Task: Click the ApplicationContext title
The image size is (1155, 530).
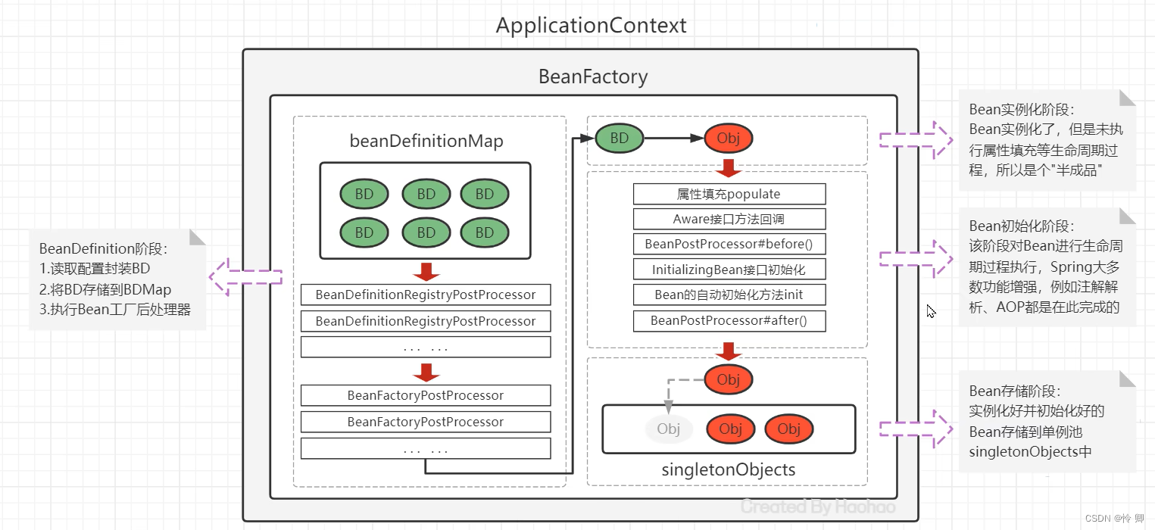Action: (591, 25)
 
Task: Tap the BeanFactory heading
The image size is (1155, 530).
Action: (593, 76)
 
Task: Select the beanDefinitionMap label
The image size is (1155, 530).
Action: (426, 141)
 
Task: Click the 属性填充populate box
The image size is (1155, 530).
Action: (729, 194)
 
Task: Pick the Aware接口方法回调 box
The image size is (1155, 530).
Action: (729, 219)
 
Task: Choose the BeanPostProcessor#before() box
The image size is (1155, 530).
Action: (729, 244)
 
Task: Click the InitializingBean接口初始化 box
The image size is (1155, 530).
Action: (729, 269)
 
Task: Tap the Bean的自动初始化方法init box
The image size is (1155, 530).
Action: (729, 295)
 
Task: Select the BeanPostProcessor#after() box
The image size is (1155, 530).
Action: (729, 321)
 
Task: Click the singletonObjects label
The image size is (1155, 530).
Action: (728, 469)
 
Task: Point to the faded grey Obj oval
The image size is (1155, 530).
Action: (669, 429)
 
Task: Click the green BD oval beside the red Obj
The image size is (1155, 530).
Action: (620, 138)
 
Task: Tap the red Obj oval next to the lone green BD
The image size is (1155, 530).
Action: (728, 138)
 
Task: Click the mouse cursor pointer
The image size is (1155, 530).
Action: (931, 311)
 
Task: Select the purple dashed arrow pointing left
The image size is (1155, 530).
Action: (245, 277)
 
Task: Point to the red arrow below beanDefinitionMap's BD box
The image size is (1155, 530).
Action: (426, 271)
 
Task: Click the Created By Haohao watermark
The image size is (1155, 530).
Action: (818, 507)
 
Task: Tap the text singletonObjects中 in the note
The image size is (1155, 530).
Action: (1030, 452)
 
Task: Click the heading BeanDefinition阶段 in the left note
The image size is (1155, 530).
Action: (103, 248)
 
